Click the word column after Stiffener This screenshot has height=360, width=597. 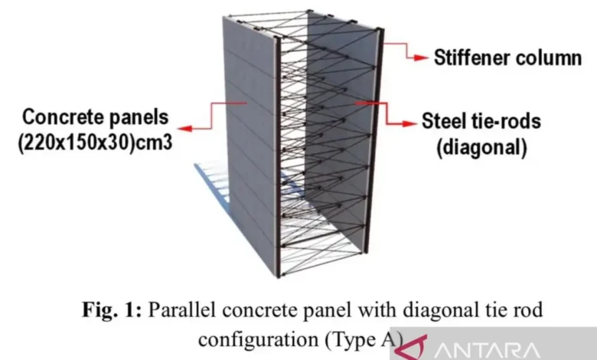(x=550, y=57)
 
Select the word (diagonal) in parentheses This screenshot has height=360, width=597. (x=481, y=147)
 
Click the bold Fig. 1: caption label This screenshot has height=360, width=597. (x=114, y=311)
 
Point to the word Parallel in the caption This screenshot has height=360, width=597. (x=178, y=311)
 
